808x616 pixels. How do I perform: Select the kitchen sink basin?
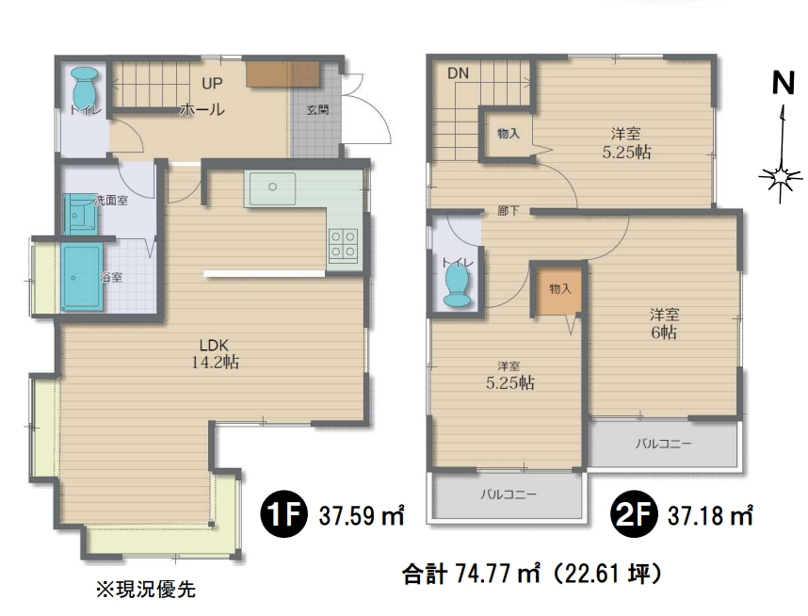(272, 187)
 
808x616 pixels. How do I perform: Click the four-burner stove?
(343, 244)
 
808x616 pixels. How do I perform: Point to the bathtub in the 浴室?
(81, 277)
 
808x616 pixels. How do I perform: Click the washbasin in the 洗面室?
(79, 214)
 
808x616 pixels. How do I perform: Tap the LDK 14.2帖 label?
(215, 353)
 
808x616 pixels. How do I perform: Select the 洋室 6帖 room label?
(664, 323)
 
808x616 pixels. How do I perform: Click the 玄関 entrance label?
(317, 110)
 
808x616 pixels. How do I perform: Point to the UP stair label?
(212, 84)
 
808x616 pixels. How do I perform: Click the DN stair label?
(458, 73)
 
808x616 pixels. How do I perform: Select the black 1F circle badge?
(283, 514)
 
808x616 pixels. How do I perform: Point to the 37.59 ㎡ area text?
(361, 514)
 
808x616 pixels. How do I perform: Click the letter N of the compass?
(784, 83)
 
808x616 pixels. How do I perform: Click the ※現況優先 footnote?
(146, 589)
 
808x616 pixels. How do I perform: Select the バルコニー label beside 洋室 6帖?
(663, 444)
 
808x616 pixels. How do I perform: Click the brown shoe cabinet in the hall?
(283, 74)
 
